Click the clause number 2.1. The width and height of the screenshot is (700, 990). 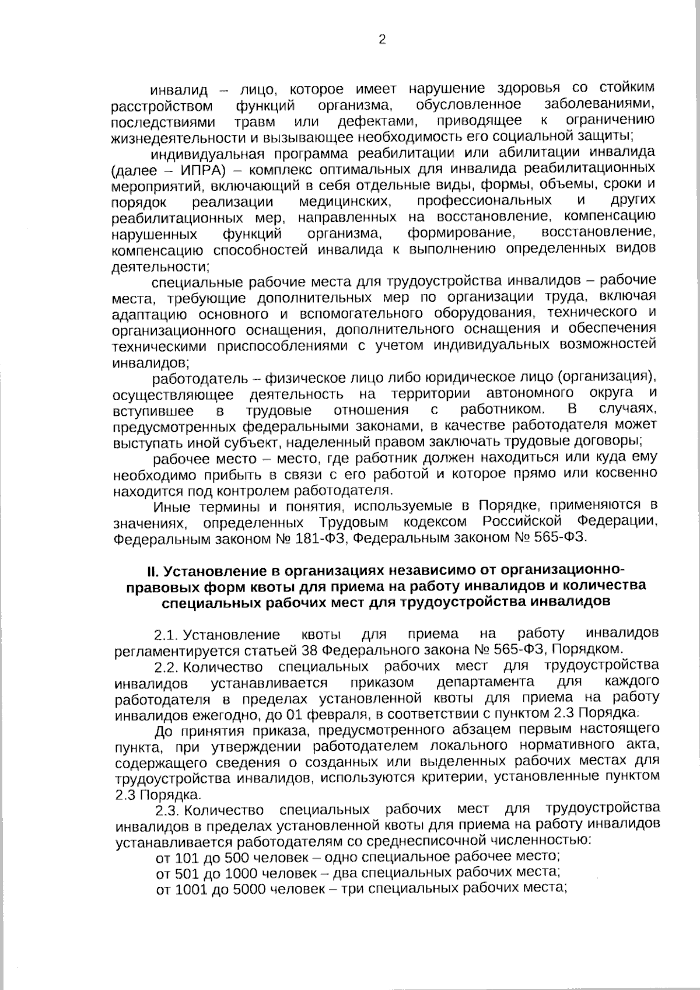tap(165, 634)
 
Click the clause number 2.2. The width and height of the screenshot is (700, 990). tap(166, 667)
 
